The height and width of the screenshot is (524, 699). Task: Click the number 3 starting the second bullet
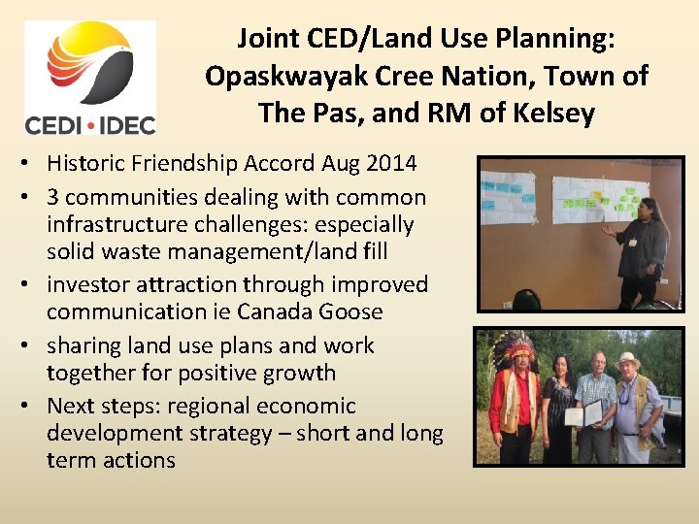pyautogui.click(x=53, y=197)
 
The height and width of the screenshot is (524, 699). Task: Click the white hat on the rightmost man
pyautogui.click(x=628, y=361)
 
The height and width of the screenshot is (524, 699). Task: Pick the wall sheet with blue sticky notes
pyautogui.click(x=508, y=197)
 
